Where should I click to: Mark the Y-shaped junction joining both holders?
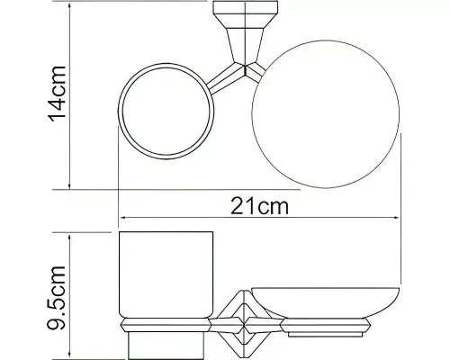[241, 69]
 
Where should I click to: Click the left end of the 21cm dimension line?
[119, 218]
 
